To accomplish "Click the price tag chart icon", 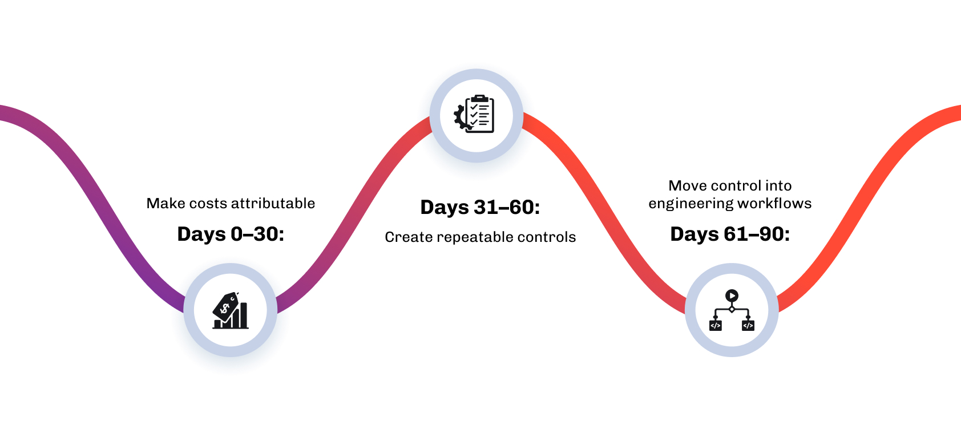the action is [231, 311].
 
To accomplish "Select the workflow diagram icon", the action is [732, 310].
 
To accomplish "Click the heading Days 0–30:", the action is [231, 234].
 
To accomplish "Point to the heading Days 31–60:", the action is [480, 207].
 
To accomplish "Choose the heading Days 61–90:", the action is [730, 234].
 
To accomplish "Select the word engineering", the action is [690, 203].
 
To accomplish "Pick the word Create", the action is [409, 237].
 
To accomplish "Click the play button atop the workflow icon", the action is [732, 296].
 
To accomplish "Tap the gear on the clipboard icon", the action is [461, 116].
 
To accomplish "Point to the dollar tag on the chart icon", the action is [225, 306].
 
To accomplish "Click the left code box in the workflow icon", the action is [716, 325].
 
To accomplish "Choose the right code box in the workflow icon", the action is [748, 325].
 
